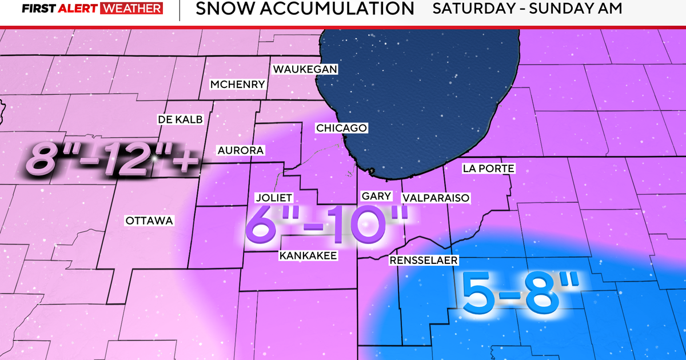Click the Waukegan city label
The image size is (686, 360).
point(305,69)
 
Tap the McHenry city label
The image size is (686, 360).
point(238,85)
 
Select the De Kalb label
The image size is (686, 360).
point(180,119)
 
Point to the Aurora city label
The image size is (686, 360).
point(240,150)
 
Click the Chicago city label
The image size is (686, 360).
point(341,128)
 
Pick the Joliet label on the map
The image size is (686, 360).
point(274,198)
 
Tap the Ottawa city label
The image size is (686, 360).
point(149,220)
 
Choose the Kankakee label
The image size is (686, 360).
point(308,255)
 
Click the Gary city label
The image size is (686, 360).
point(377,196)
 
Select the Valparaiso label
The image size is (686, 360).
point(436,198)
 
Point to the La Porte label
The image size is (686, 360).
point(489,169)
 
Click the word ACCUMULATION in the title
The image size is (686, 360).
point(328,9)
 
